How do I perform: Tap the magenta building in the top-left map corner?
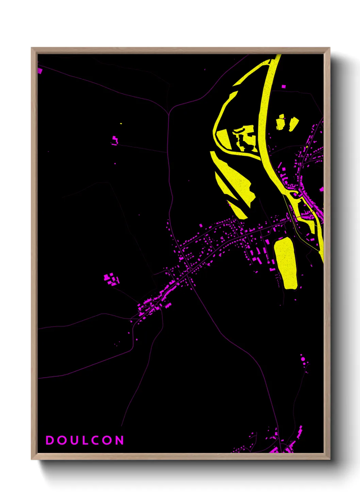coord(40,70)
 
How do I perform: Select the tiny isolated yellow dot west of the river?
coord(121,124)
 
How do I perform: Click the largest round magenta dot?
coord(302,359)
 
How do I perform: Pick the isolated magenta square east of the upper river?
coord(284,86)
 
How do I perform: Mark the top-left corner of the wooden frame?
coord(32,48)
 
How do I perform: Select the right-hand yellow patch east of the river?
coord(293,123)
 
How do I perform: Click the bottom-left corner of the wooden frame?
coord(32,459)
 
